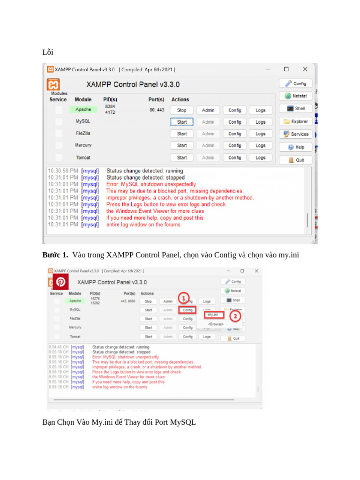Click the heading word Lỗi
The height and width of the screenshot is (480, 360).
tap(48, 52)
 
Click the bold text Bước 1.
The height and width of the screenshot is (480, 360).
tap(55, 255)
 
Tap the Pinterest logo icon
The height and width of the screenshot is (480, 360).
tap(60, 282)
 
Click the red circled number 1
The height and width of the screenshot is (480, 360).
tap(184, 298)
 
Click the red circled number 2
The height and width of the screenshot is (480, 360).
tap(235, 316)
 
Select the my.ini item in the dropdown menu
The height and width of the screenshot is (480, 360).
tap(213, 315)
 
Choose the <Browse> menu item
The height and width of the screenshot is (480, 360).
tap(216, 324)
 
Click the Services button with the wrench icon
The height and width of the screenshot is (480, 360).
tap(296, 134)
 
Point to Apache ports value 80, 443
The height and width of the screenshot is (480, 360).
tap(157, 110)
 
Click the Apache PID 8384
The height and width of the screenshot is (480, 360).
tap(110, 107)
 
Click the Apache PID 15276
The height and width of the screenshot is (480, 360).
tap(95, 299)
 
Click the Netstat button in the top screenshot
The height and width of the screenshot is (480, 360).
tap(296, 96)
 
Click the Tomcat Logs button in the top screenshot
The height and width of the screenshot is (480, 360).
tap(261, 158)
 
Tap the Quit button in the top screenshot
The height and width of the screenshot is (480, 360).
tap(296, 160)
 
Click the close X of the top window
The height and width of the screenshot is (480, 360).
tap(305, 69)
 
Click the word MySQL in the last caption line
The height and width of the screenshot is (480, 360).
tap(182, 422)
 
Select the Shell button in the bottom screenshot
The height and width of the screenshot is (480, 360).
tap(232, 300)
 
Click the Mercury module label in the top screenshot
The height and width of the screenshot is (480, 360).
tap(83, 145)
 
